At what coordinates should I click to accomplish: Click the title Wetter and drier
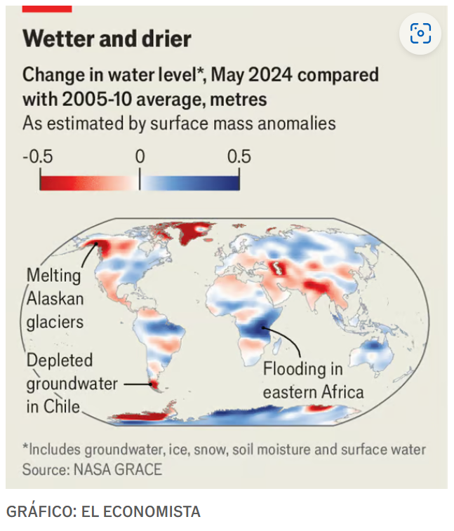107,39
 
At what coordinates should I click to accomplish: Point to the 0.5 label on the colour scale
239,156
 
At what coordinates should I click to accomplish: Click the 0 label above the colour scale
140,156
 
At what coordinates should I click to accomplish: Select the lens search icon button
420,33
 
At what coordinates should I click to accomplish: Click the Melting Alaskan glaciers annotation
55,298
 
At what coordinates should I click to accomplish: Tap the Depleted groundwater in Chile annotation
60,383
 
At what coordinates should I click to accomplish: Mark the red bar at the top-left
47,8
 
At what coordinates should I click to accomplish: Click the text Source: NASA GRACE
92,469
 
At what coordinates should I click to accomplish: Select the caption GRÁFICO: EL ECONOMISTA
103,511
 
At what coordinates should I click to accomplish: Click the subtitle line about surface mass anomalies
179,123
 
